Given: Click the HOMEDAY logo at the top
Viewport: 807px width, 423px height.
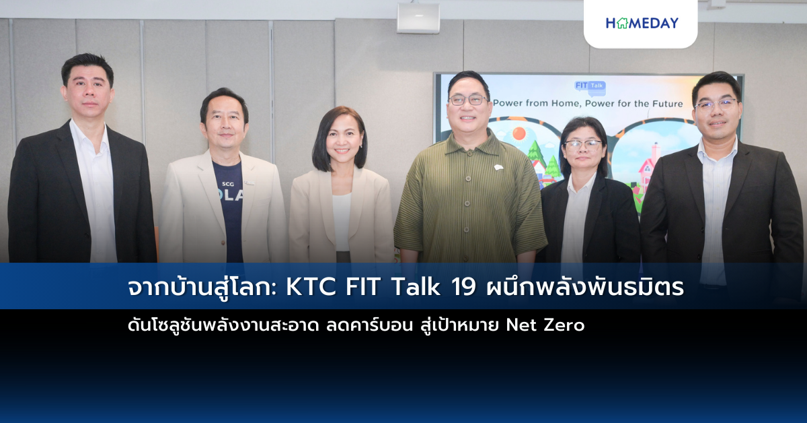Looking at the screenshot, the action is pyautogui.click(x=642, y=23).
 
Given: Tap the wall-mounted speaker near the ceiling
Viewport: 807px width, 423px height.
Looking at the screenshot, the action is pyautogui.click(x=418, y=18).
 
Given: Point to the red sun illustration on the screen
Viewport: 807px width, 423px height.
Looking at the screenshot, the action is pyautogui.click(x=519, y=133).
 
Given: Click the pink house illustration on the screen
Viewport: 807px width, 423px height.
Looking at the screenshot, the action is pyautogui.click(x=648, y=167).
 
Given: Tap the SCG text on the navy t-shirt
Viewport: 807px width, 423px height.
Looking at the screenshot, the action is pyautogui.click(x=228, y=184).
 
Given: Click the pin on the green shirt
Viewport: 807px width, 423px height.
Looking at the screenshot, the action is pyautogui.click(x=498, y=167).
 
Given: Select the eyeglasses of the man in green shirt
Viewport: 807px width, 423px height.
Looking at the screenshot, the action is pyautogui.click(x=467, y=100).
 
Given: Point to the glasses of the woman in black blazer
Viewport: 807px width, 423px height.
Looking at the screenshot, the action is pyautogui.click(x=582, y=145).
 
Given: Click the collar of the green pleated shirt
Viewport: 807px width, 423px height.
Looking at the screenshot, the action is pyautogui.click(x=468, y=143).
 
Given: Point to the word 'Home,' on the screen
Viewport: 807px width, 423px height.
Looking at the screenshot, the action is pyautogui.click(x=564, y=104).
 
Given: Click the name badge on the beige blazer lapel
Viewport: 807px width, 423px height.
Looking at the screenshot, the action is pyautogui.click(x=249, y=183).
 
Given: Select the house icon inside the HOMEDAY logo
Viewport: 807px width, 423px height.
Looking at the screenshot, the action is pyautogui.click(x=622, y=23).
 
